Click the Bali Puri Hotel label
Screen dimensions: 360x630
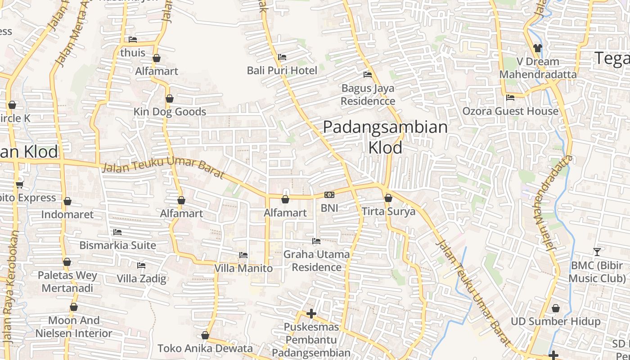click(282, 71)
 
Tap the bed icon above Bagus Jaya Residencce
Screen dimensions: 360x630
click(368, 75)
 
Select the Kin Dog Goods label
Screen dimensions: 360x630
click(170, 112)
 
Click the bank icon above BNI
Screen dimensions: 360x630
click(329, 195)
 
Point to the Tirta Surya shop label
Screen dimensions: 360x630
click(388, 211)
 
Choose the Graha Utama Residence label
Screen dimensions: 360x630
click(316, 261)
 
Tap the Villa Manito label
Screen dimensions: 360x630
click(243, 268)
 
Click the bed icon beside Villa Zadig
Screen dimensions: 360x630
click(141, 265)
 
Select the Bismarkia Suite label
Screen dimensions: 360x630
click(118, 245)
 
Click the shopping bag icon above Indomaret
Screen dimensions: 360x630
click(67, 201)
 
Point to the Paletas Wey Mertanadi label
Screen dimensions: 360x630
click(67, 281)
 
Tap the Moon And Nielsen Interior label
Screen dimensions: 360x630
click(74, 327)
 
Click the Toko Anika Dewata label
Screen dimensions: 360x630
click(205, 348)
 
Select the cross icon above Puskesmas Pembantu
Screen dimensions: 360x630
click(311, 313)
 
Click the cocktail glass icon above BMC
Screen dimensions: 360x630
click(597, 252)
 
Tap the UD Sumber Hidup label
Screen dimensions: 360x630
click(555, 321)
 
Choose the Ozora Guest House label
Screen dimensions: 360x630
click(510, 111)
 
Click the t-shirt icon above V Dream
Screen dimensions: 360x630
click(537, 48)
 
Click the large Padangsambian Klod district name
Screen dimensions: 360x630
click(385, 137)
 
